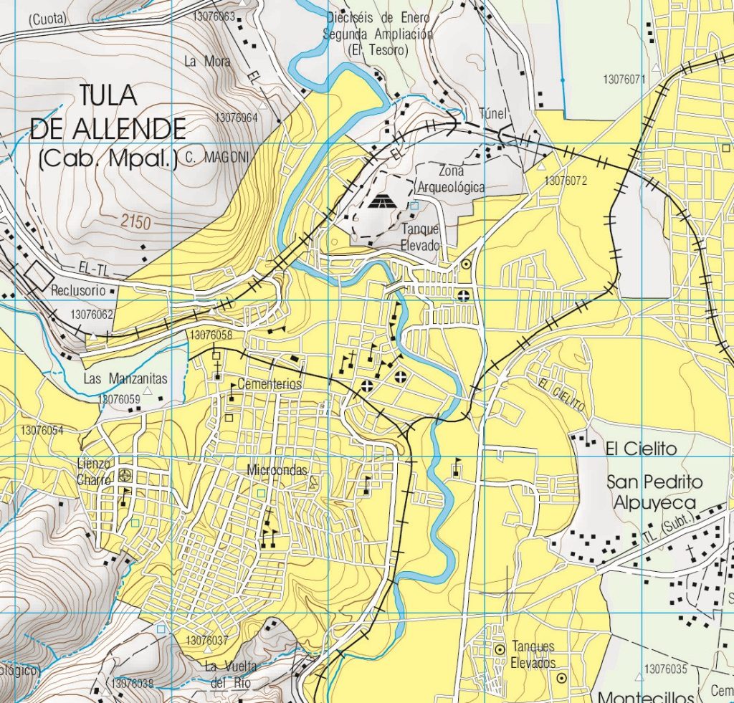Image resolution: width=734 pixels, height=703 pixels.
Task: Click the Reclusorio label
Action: [78, 292]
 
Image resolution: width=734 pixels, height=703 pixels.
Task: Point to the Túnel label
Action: [493, 113]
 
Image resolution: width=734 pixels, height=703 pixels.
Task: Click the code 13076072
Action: [566, 181]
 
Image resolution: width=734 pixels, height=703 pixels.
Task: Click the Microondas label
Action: [276, 471]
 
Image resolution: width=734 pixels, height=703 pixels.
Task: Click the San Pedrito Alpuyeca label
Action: [654, 491]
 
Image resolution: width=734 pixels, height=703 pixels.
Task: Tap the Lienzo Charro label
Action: [94, 472]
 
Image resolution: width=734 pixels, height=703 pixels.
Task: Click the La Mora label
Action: [207, 62]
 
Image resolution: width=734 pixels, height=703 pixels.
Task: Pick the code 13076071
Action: [624, 79]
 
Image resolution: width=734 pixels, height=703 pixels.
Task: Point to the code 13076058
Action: [212, 335]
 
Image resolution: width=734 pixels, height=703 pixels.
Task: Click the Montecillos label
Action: [645, 696]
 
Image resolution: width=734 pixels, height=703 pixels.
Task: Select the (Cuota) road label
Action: [48, 20]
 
